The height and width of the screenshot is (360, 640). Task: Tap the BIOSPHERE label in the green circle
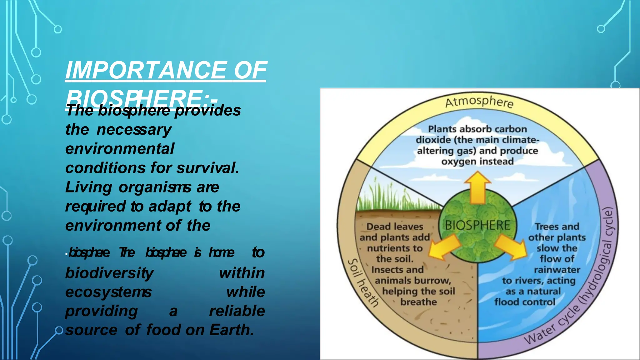click(477, 225)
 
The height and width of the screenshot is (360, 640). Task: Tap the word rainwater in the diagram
click(557, 270)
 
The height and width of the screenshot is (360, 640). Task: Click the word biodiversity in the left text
click(109, 273)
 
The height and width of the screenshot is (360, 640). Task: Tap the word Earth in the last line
click(231, 330)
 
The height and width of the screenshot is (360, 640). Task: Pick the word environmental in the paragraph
click(120, 149)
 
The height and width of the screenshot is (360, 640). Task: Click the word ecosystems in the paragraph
click(108, 292)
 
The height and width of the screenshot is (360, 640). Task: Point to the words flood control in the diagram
click(525, 302)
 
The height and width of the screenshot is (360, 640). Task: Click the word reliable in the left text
click(237, 311)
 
